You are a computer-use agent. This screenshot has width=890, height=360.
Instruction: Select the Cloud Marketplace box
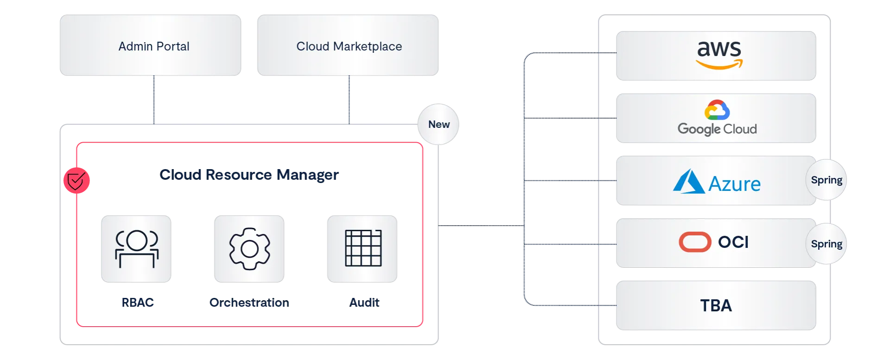349,46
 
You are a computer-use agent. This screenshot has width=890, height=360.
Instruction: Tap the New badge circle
439,124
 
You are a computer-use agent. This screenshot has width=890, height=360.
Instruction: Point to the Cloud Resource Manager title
249,175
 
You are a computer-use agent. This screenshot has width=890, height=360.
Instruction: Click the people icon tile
137,249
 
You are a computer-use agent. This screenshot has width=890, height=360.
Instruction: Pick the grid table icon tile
363,249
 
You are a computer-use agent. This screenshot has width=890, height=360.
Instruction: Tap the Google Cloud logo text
717,129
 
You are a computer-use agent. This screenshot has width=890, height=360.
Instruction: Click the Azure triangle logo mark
688,182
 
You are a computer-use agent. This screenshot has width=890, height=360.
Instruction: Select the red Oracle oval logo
695,242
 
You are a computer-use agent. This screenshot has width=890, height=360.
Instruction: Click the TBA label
716,306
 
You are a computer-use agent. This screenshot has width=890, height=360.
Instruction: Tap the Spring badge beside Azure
826,180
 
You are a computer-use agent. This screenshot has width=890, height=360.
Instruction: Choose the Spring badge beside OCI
826,244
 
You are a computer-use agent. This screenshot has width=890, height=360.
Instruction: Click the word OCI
733,242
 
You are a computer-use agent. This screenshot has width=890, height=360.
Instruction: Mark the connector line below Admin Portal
154,100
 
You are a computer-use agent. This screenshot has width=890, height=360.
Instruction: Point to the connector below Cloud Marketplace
349,100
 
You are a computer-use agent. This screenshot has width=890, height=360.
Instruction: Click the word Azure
735,184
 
